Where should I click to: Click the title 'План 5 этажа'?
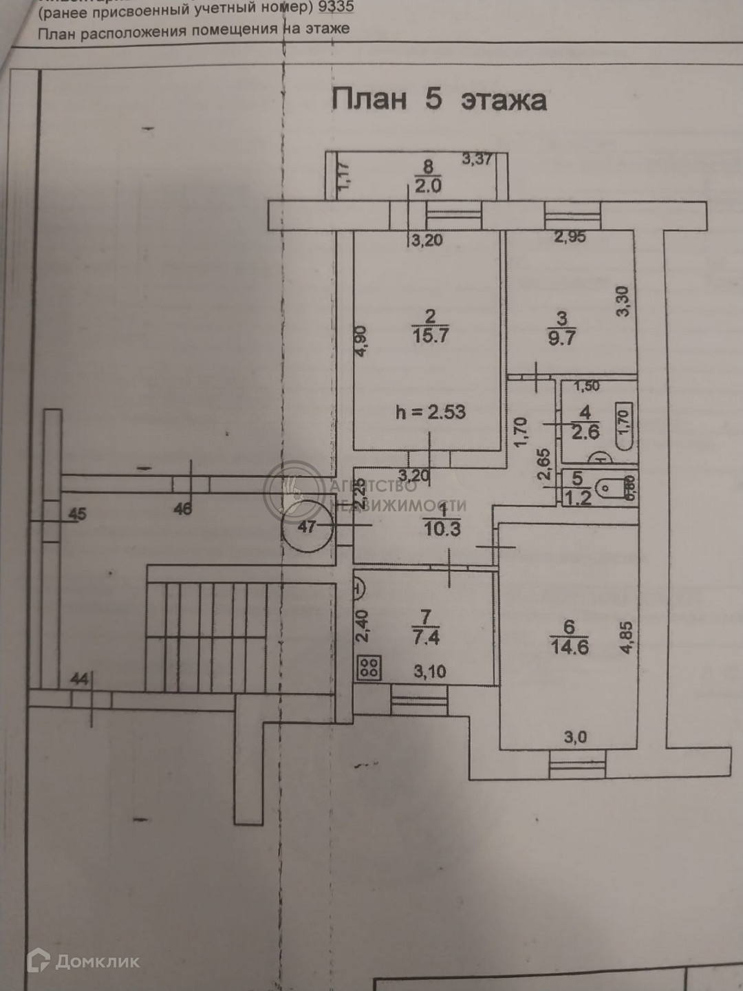click(x=439, y=100)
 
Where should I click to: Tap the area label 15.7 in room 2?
click(x=430, y=336)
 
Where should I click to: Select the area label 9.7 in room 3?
click(x=561, y=338)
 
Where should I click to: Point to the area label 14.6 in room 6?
click(x=570, y=647)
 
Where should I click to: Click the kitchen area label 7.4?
click(x=427, y=637)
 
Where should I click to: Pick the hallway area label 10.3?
click(x=442, y=529)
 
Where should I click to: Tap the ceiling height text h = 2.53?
click(x=431, y=412)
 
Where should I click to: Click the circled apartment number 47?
click(x=307, y=526)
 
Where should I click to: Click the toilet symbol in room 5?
click(x=610, y=489)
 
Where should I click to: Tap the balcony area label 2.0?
click(x=428, y=186)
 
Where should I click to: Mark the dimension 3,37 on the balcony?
click(x=477, y=159)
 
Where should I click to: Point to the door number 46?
click(x=183, y=509)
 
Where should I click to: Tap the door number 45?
click(x=78, y=513)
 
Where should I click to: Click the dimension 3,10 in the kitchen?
click(x=430, y=671)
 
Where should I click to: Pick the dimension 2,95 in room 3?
click(x=570, y=238)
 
